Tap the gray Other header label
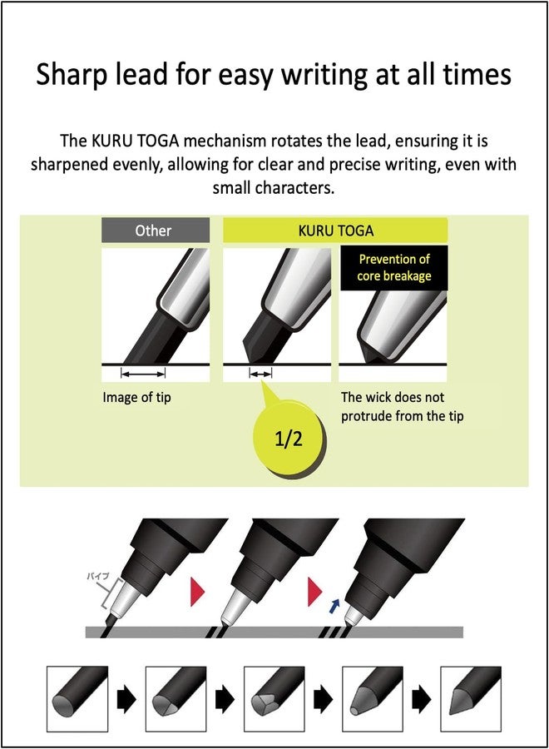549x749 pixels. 156,231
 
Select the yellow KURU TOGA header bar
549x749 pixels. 335,231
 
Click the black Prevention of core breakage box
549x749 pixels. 393,267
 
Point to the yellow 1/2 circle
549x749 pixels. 289,439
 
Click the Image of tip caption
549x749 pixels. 136,398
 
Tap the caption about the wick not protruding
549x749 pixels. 402,406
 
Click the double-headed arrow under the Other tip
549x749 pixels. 143,374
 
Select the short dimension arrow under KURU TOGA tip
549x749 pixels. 260,374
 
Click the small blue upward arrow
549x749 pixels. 334,606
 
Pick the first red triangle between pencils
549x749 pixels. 197,592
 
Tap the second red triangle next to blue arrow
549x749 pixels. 314,592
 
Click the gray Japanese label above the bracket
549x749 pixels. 98,576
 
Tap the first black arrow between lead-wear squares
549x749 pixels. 126,700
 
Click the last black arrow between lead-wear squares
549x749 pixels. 422,700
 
